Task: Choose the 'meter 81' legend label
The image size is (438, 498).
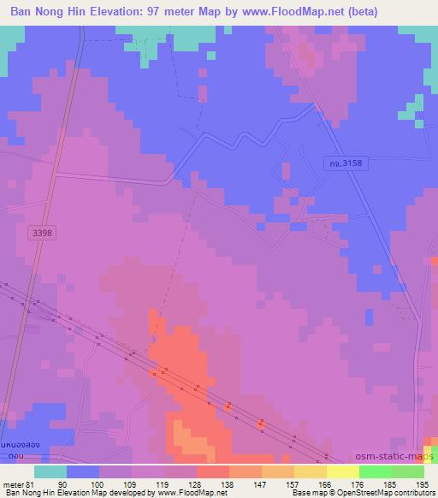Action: pos(18,483)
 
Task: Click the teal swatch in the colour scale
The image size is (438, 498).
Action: pos(50,471)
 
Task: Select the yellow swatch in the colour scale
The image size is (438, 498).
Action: pos(342,471)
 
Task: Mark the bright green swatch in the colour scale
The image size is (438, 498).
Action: pos(375,471)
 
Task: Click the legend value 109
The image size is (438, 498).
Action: pos(132,483)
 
